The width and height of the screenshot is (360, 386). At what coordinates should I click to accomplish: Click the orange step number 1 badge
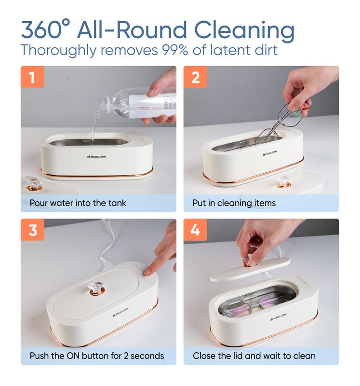pos(32,77)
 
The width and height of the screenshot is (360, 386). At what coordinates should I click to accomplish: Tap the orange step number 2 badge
pos(195,77)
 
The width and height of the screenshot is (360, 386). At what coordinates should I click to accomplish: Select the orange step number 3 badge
pos(32,230)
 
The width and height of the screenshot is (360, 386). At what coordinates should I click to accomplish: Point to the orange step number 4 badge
pos(195,230)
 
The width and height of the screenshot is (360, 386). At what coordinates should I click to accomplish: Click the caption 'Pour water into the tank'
pos(78,203)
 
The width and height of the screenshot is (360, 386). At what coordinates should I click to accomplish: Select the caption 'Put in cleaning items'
pos(234,203)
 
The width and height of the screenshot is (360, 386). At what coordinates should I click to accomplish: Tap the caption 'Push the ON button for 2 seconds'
pos(97,356)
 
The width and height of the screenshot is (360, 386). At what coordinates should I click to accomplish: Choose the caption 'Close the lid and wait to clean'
pos(254,356)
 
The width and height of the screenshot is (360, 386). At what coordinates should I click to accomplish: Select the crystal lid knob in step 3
pos(97,289)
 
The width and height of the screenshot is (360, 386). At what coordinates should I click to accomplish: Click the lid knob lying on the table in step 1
pos(34,183)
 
